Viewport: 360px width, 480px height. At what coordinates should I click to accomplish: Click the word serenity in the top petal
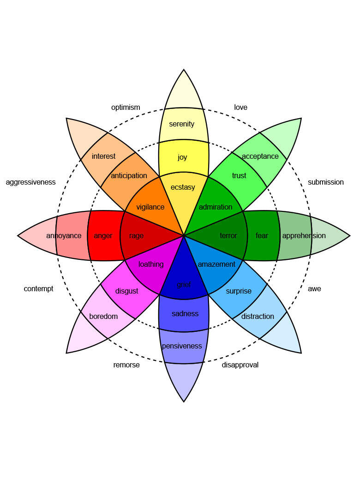point(182,124)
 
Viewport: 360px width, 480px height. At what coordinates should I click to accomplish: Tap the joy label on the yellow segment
point(182,157)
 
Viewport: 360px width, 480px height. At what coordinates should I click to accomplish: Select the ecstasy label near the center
point(183,187)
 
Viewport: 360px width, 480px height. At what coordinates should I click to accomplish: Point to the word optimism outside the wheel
point(126,108)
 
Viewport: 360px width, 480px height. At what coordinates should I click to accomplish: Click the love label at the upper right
point(240,108)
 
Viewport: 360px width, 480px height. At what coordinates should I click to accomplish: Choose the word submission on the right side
point(326,182)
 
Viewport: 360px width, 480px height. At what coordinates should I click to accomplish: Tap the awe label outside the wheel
point(314,289)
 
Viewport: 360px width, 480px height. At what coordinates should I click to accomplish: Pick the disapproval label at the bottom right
point(240,365)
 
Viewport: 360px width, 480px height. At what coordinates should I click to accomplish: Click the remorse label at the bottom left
point(126,365)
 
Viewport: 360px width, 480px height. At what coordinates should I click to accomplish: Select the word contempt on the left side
point(39,289)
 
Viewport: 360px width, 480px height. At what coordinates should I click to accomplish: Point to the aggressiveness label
point(31,182)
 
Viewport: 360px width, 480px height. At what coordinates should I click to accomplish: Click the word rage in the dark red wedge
point(136,236)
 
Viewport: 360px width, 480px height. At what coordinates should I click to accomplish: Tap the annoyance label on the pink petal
point(64,236)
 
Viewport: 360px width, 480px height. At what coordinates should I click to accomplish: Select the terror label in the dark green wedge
point(228,236)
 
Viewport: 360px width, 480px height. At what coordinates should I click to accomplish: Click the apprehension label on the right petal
point(304,236)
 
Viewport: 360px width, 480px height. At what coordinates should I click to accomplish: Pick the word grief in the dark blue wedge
point(184,285)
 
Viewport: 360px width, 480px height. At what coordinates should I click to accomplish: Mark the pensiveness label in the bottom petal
point(182,346)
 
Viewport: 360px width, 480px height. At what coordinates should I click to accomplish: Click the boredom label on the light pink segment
point(103,317)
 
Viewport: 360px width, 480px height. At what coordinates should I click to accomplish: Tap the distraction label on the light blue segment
point(258,317)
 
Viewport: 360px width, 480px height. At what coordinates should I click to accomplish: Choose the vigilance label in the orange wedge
point(150,207)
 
